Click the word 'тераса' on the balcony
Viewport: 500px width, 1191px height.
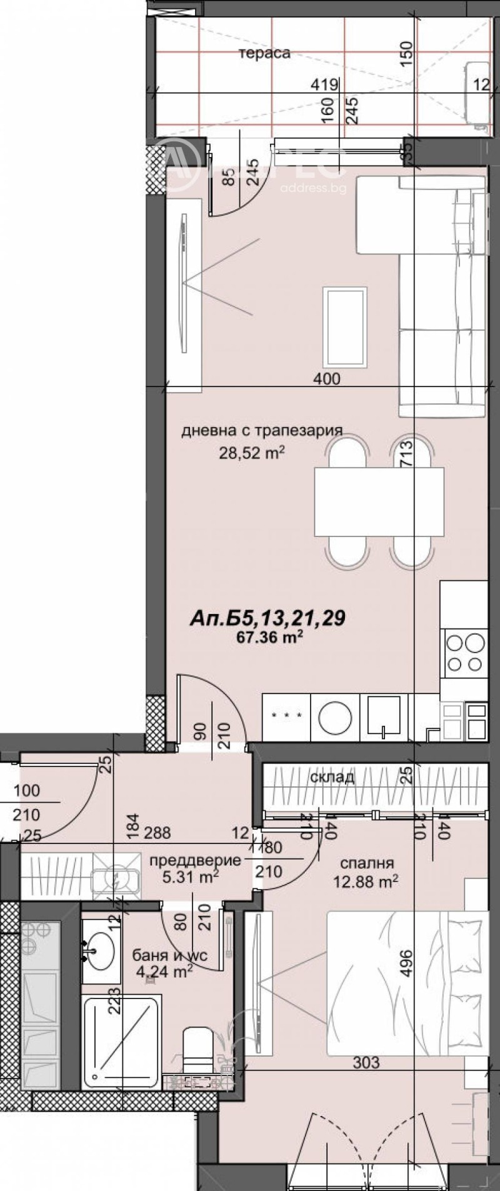tap(265, 53)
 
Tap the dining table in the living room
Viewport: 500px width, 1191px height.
tap(379, 501)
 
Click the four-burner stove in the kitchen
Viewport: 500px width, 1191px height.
tap(465, 653)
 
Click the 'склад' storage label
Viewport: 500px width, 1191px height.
tap(332, 777)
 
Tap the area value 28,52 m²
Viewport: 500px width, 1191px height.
tap(251, 453)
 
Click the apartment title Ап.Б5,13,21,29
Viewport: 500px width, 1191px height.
tap(267, 619)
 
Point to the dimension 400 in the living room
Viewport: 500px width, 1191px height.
tap(327, 378)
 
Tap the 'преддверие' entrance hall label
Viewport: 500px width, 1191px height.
tap(195, 860)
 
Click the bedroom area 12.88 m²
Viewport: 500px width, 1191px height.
tap(367, 882)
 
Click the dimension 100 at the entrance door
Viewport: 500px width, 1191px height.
tap(26, 790)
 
